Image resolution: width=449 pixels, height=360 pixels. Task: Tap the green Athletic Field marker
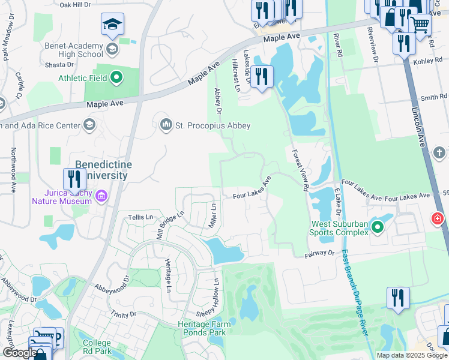click(x=117, y=77)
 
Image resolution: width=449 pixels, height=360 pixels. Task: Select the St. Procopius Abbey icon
click(x=166, y=125)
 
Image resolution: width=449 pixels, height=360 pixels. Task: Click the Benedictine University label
click(x=102, y=170)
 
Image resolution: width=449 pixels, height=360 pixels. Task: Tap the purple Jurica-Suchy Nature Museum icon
click(x=101, y=196)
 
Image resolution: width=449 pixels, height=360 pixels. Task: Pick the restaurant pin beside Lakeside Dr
click(x=261, y=77)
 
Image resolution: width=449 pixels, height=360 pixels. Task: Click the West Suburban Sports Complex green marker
click(x=378, y=227)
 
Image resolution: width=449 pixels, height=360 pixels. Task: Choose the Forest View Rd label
click(x=300, y=170)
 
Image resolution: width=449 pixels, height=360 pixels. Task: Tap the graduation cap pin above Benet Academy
click(x=112, y=25)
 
